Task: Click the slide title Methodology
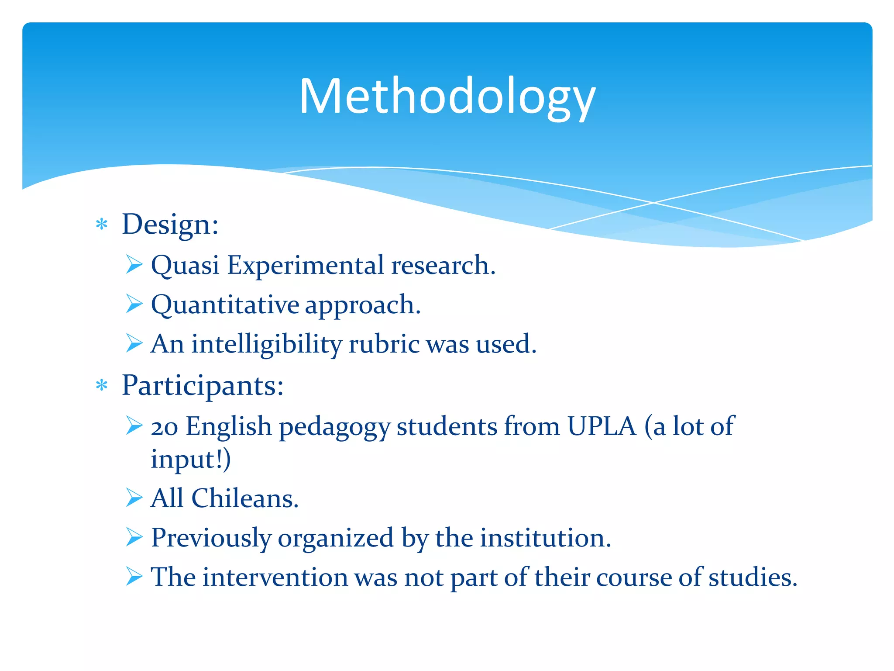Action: (x=447, y=97)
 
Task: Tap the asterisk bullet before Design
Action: (x=102, y=225)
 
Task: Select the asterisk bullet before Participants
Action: (x=102, y=386)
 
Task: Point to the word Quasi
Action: (x=185, y=266)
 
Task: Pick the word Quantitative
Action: (x=225, y=305)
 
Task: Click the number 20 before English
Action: (x=164, y=427)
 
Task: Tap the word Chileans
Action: (x=245, y=498)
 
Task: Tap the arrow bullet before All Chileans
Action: (x=134, y=498)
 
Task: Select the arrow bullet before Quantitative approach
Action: (x=134, y=304)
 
